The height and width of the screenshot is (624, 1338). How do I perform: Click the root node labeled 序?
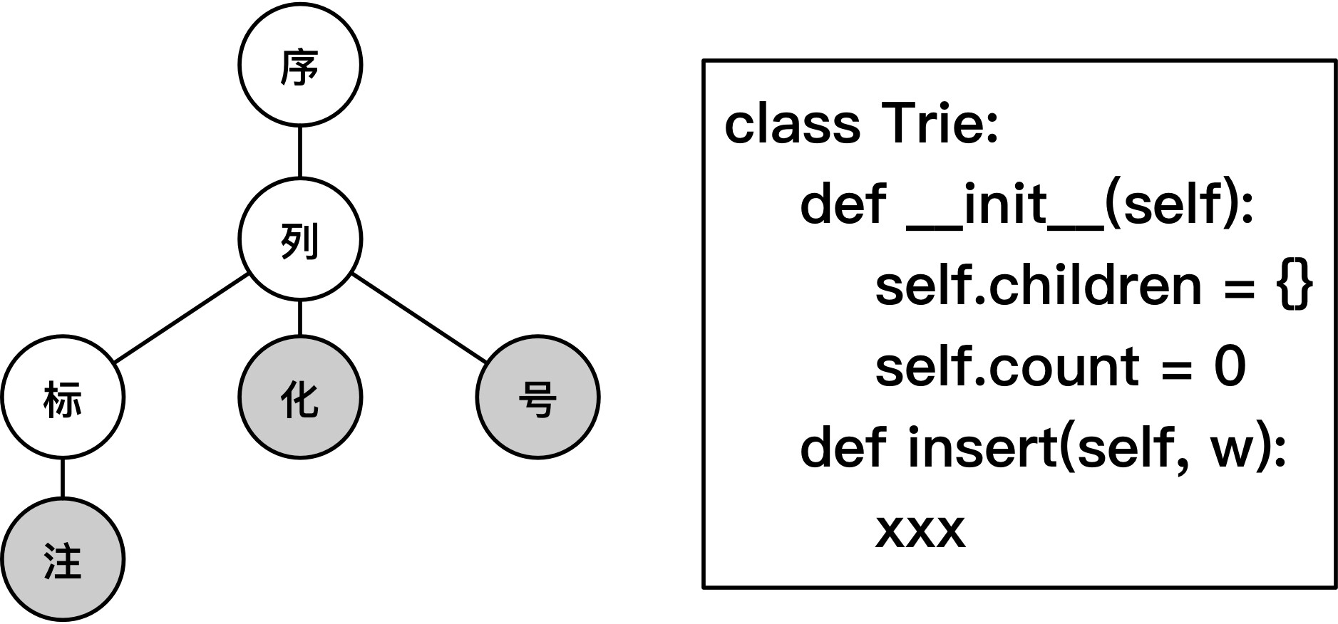click(299, 66)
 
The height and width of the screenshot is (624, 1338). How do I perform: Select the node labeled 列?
click(299, 239)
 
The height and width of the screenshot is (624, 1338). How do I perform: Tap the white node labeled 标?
click(63, 397)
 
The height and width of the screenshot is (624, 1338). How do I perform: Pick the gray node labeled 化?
click(299, 397)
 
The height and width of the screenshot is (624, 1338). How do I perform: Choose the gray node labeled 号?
click(537, 397)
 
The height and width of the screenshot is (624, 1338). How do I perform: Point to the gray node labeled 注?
click(63, 560)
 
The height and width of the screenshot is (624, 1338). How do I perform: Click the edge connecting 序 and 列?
click(299, 152)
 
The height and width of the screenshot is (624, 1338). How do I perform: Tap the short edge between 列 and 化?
click(299, 318)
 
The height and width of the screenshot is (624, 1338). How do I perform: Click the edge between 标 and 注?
click(63, 478)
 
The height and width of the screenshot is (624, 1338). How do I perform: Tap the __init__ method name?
click(1005, 205)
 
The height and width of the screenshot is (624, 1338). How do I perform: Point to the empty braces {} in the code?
click(1294, 286)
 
